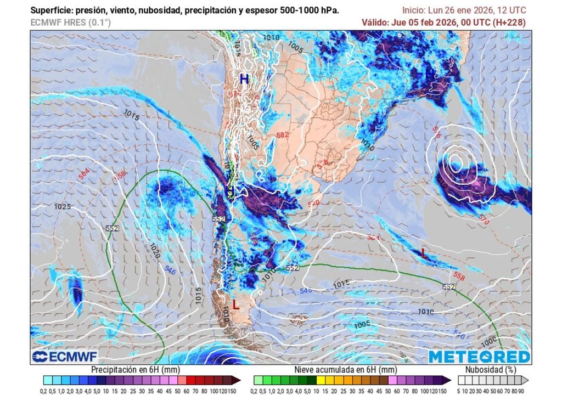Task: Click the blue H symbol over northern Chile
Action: pos(244,79)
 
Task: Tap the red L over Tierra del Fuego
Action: pos(235,305)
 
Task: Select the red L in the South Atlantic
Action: pos(423,253)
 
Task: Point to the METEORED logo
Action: pos(479,357)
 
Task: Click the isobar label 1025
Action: pos(63,207)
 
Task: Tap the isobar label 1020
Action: pos(154,251)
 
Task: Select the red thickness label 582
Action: pos(283,135)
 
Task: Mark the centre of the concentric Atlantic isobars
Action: pos(455,161)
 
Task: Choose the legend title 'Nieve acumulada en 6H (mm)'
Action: pos(345,370)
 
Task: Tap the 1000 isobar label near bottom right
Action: pos(490,341)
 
